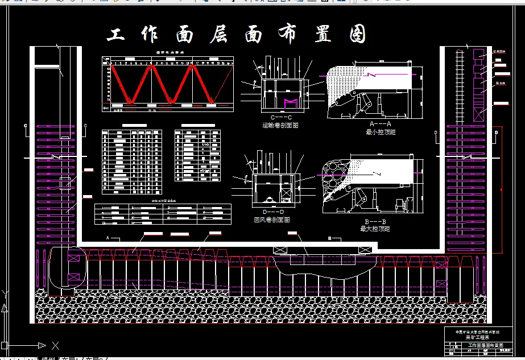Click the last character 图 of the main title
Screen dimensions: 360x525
pos(358,35)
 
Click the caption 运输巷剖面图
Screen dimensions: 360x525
pos(280,125)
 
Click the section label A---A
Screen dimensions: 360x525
pos(381,123)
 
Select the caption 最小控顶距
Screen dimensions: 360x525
pos(381,132)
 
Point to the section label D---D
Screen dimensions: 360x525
pos(271,212)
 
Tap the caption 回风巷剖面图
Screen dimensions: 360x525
pos(271,220)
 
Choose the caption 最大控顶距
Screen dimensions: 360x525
pos(375,229)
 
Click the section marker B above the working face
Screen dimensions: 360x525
pos(330,238)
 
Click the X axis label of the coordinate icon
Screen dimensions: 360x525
pos(55,345)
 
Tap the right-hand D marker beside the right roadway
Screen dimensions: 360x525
pos(496,133)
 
